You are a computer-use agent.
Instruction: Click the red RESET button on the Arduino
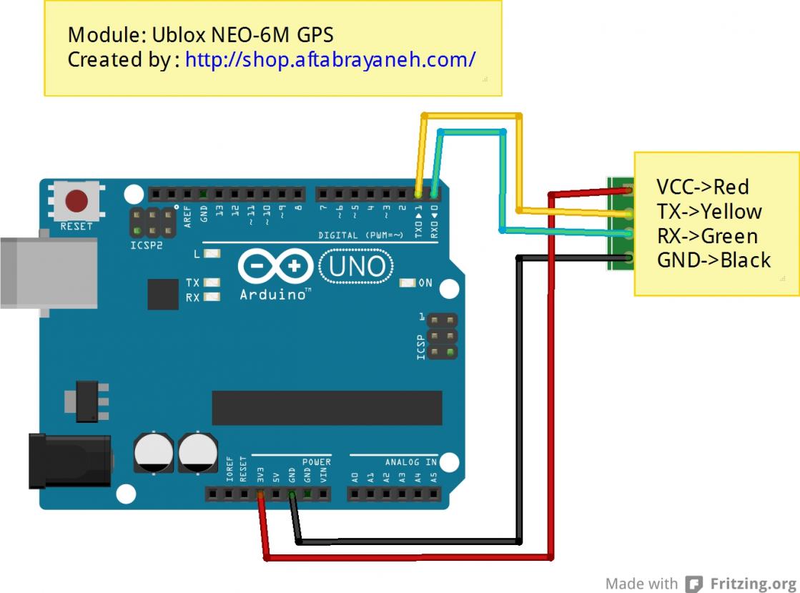76,200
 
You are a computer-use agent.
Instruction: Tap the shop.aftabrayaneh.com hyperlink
330,59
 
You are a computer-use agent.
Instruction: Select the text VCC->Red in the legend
702,187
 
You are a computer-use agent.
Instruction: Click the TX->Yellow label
708,212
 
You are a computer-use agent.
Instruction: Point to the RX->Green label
707,236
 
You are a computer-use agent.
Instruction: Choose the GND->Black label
713,260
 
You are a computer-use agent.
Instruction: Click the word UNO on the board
357,266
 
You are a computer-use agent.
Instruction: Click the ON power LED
408,283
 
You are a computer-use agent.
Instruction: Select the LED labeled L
212,254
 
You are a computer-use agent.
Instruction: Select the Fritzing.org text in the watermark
753,583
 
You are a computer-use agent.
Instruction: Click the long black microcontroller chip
327,408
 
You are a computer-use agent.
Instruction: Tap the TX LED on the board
212,283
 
